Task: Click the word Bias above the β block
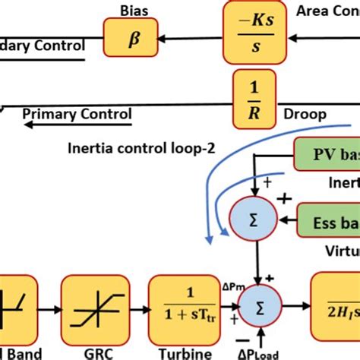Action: (x=134, y=9)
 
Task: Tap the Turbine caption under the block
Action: (x=180, y=351)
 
